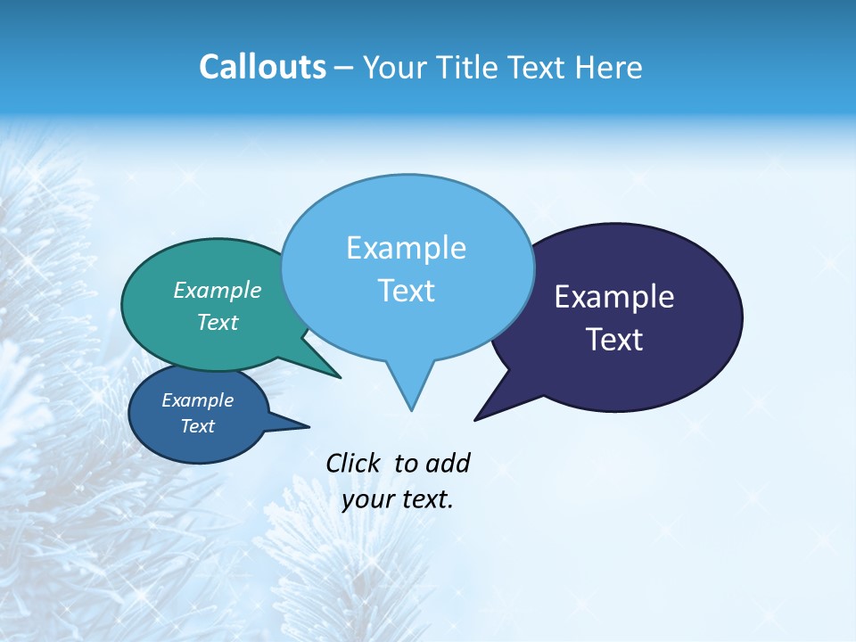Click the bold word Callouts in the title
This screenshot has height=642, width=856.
pos(262,67)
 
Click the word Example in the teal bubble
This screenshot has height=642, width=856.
pos(218,290)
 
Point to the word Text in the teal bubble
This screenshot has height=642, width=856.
pos(218,322)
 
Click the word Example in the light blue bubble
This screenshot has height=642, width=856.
pos(406,248)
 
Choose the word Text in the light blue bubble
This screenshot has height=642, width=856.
pos(406,291)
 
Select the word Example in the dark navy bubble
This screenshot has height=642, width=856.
pos(614,297)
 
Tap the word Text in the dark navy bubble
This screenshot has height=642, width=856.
pos(614,340)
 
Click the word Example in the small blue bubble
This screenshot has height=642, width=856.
pos(198,400)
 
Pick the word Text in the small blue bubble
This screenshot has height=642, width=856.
pos(198,426)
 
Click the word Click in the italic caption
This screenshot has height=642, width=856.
pos(353,463)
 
